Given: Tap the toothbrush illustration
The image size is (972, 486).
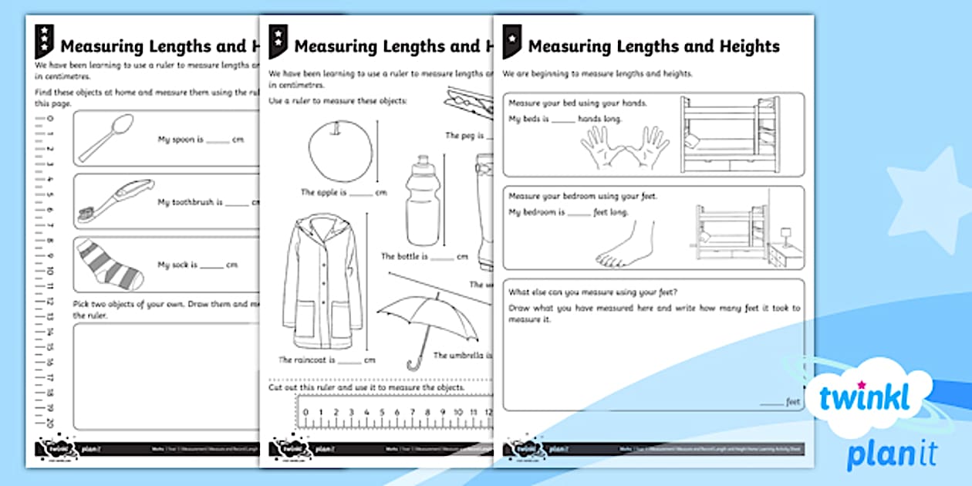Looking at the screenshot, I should click(116, 201).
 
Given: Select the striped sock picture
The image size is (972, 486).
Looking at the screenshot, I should click(110, 263).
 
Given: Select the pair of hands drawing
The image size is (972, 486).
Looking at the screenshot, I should click(625, 147).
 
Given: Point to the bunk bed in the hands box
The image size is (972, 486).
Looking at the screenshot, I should click(728, 134).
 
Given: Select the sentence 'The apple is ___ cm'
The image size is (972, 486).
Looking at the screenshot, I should click(343, 193).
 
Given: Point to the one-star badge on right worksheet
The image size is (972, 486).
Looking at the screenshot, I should click(511, 42).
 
